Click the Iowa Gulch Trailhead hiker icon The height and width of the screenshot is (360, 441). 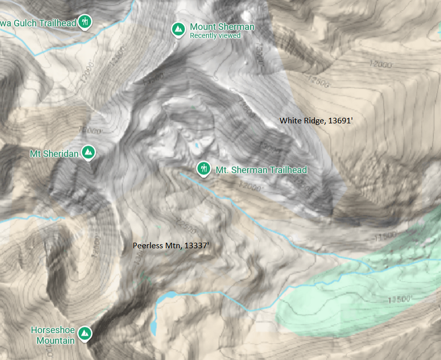pos(85,22)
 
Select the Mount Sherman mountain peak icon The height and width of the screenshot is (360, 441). pos(178,29)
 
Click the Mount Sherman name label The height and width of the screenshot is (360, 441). pos(222,27)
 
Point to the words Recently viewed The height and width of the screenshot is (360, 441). pos(215,36)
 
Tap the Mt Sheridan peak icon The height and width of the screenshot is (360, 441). pos(88,152)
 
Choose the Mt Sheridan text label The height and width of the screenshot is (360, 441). pos(54,154)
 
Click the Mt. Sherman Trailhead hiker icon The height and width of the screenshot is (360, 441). pos(203,167)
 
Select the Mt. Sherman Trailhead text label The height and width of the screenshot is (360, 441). pos(261,170)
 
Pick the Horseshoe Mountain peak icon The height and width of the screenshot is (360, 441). pos(85,333)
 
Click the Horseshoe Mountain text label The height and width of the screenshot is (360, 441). pos(53,335)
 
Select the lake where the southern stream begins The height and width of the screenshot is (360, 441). pos(167,297)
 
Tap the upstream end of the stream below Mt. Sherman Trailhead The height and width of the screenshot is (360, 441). pos(181,174)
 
